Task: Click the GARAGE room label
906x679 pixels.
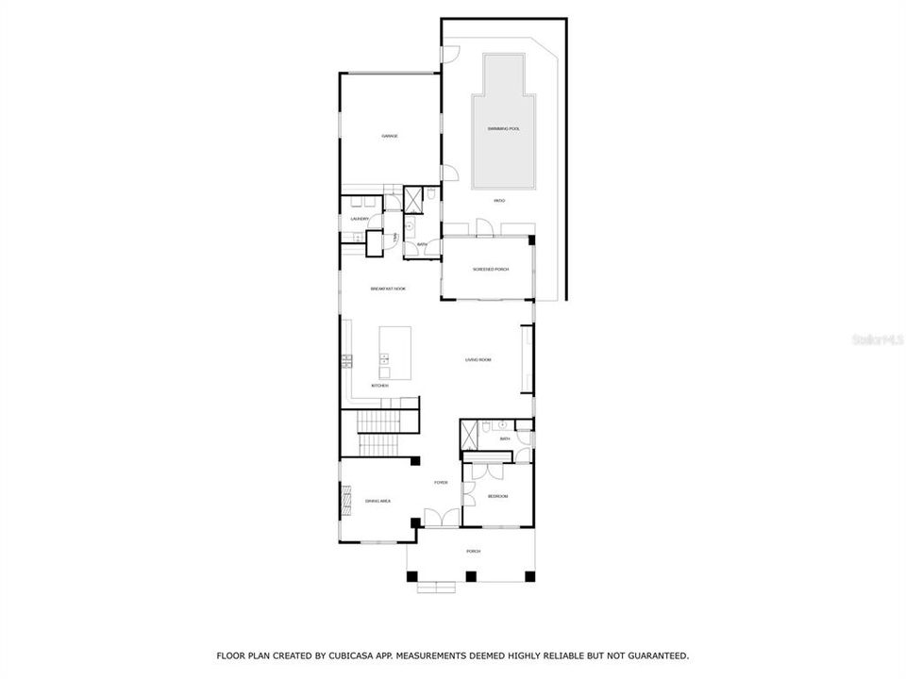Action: [x=390, y=137]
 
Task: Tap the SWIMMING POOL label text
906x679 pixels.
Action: [x=503, y=128]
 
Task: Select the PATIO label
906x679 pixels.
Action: [x=499, y=201]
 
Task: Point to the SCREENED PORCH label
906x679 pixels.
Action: [x=490, y=270]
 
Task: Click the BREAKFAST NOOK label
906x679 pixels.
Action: [x=387, y=289]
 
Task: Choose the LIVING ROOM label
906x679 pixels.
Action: [x=478, y=359]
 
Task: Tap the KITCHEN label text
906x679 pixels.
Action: [x=379, y=386]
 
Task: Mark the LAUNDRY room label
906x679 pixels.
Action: [x=360, y=220]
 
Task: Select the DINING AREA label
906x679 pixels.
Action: [x=377, y=501]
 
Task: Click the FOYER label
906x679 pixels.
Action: [x=441, y=483]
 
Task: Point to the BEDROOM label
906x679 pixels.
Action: [x=497, y=496]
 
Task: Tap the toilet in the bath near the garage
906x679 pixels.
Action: [x=430, y=195]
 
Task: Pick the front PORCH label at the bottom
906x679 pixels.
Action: [x=473, y=551]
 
